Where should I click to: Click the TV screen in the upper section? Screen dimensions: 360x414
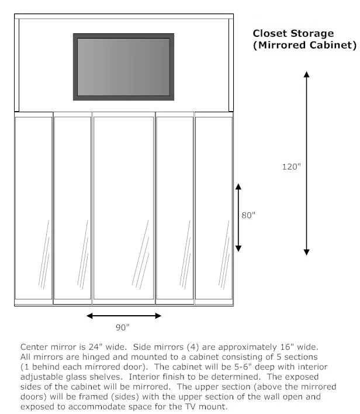point(123,66)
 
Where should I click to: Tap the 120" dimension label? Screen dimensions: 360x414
point(291,167)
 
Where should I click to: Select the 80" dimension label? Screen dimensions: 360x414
point(248,215)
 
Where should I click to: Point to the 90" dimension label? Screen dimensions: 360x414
point(123,327)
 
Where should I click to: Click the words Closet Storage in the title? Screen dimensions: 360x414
point(293,34)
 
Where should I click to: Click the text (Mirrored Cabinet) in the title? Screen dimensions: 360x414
point(304,45)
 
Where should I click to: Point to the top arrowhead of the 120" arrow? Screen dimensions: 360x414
point(306,74)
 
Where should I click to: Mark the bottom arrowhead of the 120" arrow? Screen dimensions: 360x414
point(306,251)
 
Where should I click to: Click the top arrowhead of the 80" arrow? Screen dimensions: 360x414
point(238,187)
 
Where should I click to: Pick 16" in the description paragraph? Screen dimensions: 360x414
point(274,347)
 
